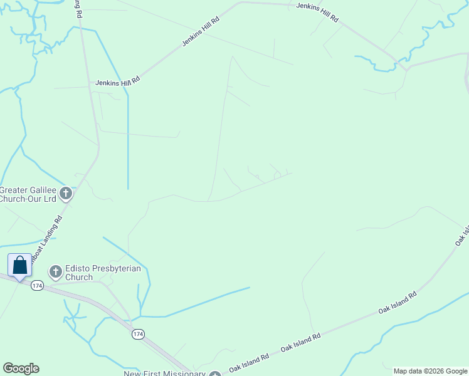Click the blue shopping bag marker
click(19, 265)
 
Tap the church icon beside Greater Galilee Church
click(66, 194)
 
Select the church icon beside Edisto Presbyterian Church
click(55, 272)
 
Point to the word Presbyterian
click(117, 268)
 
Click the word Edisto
click(78, 268)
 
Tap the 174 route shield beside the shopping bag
click(38, 286)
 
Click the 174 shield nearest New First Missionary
click(138, 335)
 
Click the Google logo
click(21, 368)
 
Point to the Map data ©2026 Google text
click(429, 371)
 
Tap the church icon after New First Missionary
click(215, 374)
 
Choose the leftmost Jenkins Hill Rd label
click(118, 82)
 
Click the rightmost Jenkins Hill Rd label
click(317, 12)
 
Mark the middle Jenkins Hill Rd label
click(201, 31)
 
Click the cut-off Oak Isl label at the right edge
click(462, 232)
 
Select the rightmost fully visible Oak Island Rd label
click(398, 302)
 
